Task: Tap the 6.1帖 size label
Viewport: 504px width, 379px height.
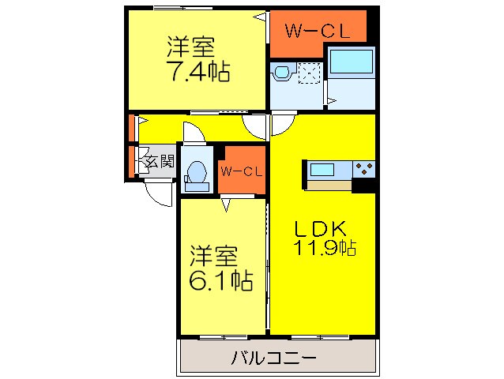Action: (x=220, y=280)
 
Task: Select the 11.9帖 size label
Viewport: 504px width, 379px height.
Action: (x=325, y=248)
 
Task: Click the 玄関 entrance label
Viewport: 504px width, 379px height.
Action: (x=160, y=162)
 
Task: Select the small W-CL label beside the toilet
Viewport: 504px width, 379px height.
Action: (x=242, y=171)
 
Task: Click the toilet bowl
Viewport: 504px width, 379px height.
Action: (x=196, y=173)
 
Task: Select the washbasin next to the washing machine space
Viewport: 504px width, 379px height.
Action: (x=282, y=73)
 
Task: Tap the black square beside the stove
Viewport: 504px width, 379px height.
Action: (x=363, y=186)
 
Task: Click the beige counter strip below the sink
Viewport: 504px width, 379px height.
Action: (x=329, y=185)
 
